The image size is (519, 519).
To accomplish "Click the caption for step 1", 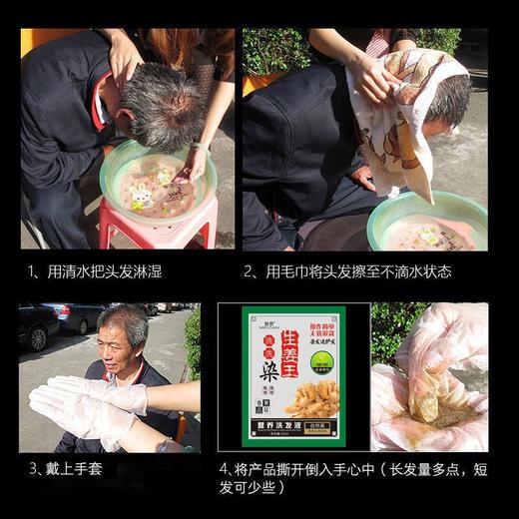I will coord(95,271).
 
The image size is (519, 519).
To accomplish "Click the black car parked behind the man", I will coord(38,325).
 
